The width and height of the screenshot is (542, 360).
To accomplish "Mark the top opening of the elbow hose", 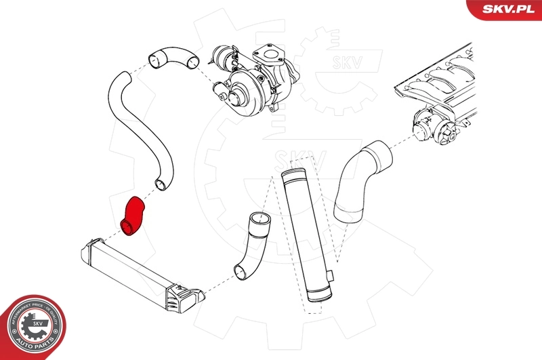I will coord(259,219).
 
